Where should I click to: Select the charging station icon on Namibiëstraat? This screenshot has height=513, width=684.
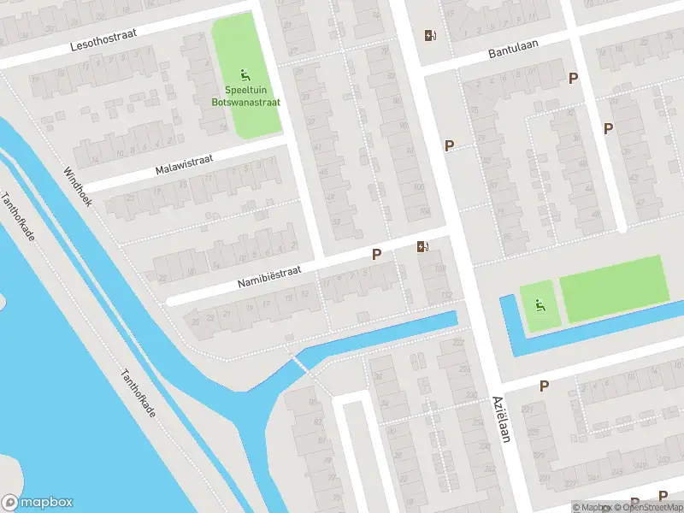422,248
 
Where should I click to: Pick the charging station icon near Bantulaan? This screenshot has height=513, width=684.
429,36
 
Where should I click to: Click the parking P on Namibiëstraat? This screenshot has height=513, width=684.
375,255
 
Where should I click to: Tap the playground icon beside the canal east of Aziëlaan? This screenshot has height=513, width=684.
539,305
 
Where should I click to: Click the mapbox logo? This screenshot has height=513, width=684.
38,503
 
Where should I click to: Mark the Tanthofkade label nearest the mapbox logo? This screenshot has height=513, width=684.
138,394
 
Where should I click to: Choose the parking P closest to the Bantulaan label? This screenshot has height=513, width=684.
573,79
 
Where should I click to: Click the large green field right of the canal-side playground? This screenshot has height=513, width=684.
614,287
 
